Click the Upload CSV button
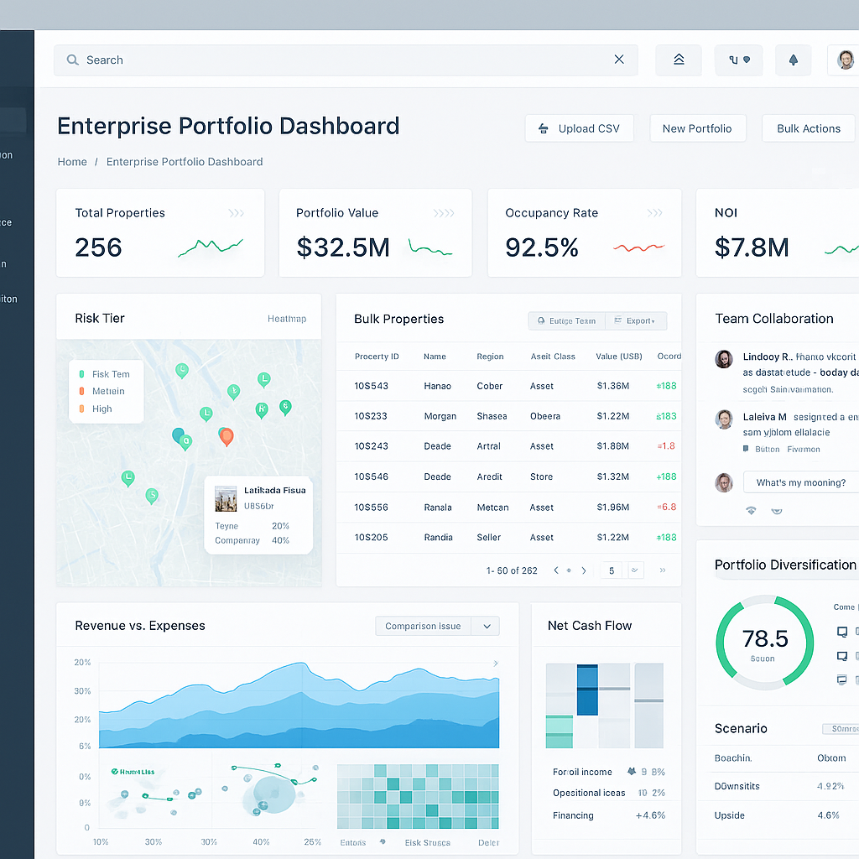pyautogui.click(x=579, y=128)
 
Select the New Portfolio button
pyautogui.click(x=697, y=128)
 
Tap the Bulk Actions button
pyautogui.click(x=808, y=128)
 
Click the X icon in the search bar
pyautogui.click(x=619, y=60)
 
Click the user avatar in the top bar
pyautogui.click(x=845, y=60)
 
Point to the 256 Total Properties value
pyautogui.click(x=98, y=247)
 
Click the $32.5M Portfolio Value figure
pyautogui.click(x=343, y=247)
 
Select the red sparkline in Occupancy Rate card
pyautogui.click(x=638, y=247)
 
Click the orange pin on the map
pyautogui.click(x=225, y=435)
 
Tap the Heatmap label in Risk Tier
pyautogui.click(x=287, y=319)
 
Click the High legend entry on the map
pyautogui.click(x=102, y=409)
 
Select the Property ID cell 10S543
pyautogui.click(x=371, y=386)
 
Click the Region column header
pyautogui.click(x=490, y=357)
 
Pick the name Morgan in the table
pyautogui.click(x=440, y=416)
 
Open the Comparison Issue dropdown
pyautogui.click(x=437, y=626)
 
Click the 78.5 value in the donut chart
pyautogui.click(x=765, y=639)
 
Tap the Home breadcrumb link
pyautogui.click(x=72, y=162)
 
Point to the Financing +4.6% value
pyautogui.click(x=650, y=815)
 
